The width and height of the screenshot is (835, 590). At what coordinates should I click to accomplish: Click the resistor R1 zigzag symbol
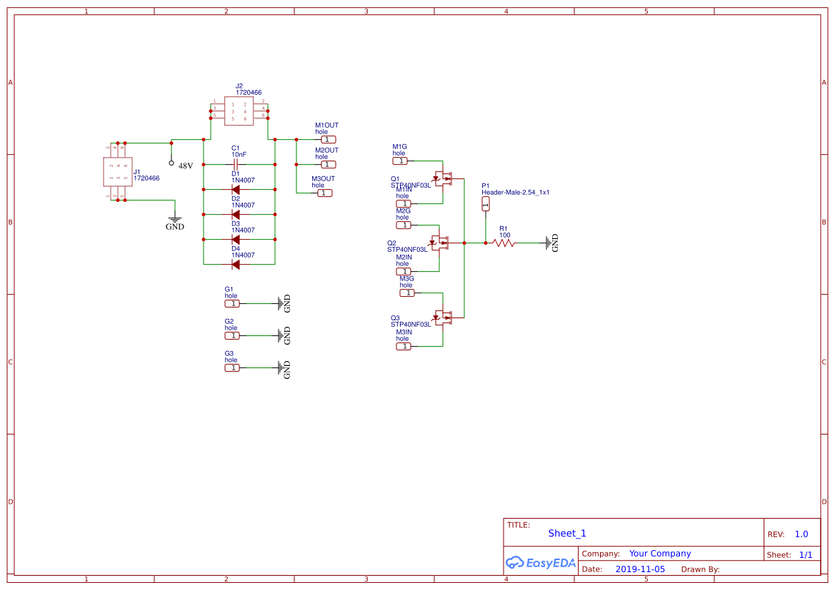(504, 243)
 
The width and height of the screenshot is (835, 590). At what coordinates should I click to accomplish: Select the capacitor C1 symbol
(235, 164)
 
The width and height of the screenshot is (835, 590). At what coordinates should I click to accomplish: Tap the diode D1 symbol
(235, 190)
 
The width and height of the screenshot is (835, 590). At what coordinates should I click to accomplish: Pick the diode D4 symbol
(235, 265)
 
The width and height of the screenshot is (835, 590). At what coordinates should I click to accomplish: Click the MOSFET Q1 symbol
(444, 178)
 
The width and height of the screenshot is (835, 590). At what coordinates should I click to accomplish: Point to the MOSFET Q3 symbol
(444, 317)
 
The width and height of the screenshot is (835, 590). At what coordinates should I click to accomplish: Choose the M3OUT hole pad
(324, 193)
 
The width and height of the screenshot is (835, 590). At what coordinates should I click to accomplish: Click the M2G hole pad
(404, 225)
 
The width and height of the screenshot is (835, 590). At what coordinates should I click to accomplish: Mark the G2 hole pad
(232, 336)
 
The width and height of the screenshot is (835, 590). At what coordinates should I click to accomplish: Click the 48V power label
(185, 166)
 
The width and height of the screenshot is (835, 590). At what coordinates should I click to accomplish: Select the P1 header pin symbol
(486, 204)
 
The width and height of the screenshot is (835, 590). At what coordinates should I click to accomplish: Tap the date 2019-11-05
(640, 569)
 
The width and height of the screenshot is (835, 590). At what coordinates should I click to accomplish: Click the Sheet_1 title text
(567, 534)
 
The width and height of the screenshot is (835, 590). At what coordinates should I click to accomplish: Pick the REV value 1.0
(801, 534)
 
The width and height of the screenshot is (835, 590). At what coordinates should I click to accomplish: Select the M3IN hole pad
(404, 347)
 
